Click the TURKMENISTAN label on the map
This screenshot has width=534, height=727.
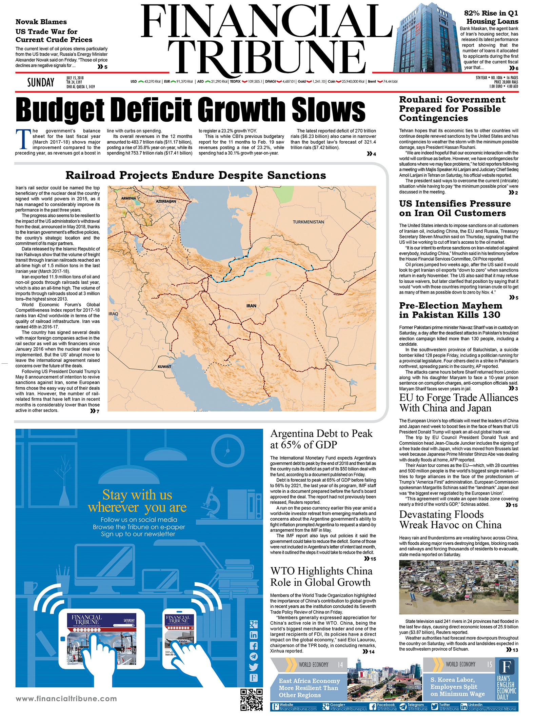pyautogui.click(x=308, y=222)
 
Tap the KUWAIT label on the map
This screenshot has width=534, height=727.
pyautogui.click(x=164, y=367)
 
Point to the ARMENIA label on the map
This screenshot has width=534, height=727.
pyautogui.click(x=128, y=198)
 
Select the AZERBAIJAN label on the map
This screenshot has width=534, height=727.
pyautogui.click(x=166, y=201)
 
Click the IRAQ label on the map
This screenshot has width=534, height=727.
pyautogui.click(x=113, y=314)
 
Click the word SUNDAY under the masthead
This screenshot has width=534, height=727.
pyautogui.click(x=41, y=82)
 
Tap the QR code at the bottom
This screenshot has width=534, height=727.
pyautogui.click(x=251, y=699)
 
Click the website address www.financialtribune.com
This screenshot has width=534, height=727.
pyautogui.click(x=66, y=699)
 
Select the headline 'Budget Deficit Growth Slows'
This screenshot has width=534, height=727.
pyautogui.click(x=190, y=109)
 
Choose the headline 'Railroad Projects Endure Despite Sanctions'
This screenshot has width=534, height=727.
pyautogui.click(x=196, y=175)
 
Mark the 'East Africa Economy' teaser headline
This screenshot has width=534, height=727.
pyautogui.click(x=309, y=688)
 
